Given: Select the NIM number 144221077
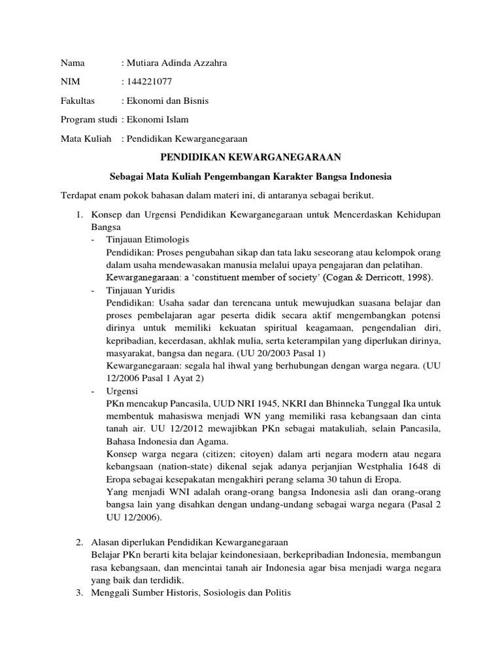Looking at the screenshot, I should pos(150,82).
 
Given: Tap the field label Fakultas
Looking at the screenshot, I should pos(78,101).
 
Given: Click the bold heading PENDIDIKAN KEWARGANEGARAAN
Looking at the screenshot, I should pos(250,157).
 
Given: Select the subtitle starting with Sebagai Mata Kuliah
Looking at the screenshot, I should pos(250,177).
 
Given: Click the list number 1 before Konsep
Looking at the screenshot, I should pos(78,215).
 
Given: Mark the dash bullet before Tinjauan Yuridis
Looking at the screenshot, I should pos(93,290).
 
